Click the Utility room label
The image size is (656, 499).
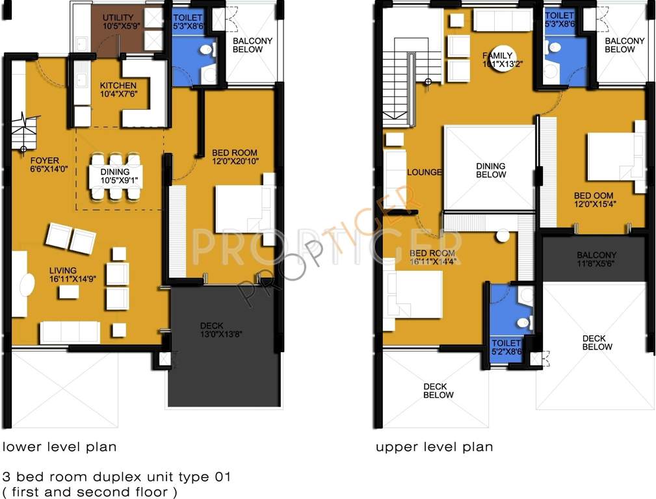pos(118,18)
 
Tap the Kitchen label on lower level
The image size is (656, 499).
pos(118,85)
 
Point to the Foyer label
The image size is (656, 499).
pos(45,160)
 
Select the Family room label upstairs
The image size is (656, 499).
pos(497,55)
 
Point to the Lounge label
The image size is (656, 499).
pos(424,172)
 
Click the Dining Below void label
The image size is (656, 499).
pos(491,170)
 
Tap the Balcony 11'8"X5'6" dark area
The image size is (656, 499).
pos(594,259)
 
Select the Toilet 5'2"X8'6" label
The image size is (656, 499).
pos(506,342)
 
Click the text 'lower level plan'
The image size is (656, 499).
pos(60,447)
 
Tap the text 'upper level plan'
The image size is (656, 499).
pos(434,447)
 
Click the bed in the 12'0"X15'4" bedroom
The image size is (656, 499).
pos(614,157)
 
